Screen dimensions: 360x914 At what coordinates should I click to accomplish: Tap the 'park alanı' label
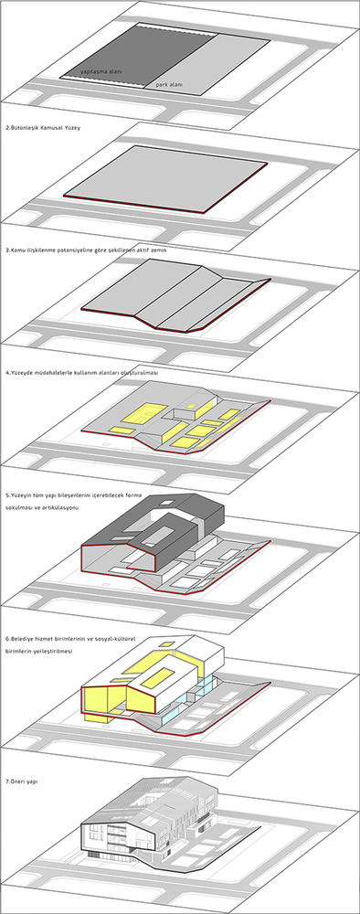(169, 85)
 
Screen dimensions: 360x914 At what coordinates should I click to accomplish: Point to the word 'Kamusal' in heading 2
(48, 127)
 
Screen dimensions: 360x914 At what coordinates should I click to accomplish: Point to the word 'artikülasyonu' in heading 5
(61, 507)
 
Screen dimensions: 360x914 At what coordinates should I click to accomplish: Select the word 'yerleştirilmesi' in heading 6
(55, 653)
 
